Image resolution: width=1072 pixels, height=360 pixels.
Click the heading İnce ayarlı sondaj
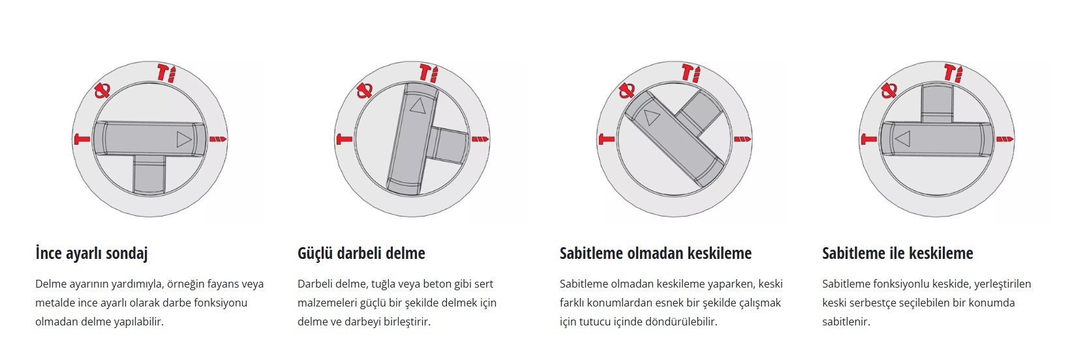[91, 254]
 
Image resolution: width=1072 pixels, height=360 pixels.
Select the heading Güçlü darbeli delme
[361, 254]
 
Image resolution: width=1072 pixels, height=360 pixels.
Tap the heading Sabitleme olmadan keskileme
[656, 254]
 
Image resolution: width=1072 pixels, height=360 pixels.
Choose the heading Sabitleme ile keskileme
[897, 254]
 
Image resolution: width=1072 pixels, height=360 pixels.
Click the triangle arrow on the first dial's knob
[183, 140]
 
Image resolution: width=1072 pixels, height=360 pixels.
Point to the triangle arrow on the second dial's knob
[418, 105]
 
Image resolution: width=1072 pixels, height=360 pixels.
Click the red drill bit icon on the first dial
[218, 140]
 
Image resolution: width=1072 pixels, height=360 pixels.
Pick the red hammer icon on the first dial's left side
[82, 140]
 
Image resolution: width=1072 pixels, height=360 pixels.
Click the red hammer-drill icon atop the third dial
[690, 74]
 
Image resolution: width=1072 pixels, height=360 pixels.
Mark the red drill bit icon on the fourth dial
[1005, 140]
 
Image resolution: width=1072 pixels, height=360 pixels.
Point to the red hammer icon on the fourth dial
[869, 140]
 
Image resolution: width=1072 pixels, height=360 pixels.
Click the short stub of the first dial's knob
[148, 174]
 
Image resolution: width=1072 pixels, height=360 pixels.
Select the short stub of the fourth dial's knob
[937, 104]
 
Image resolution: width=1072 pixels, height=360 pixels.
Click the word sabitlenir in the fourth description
[846, 322]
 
